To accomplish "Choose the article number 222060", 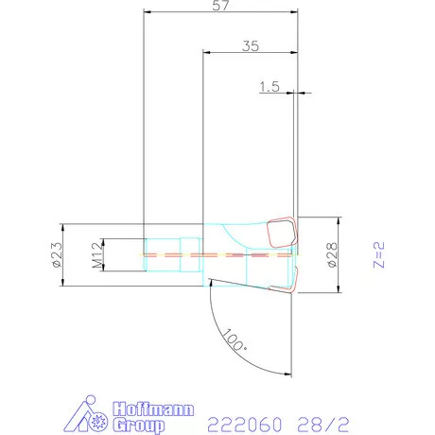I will [x=237, y=421].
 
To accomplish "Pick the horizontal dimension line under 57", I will [x=219, y=13].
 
